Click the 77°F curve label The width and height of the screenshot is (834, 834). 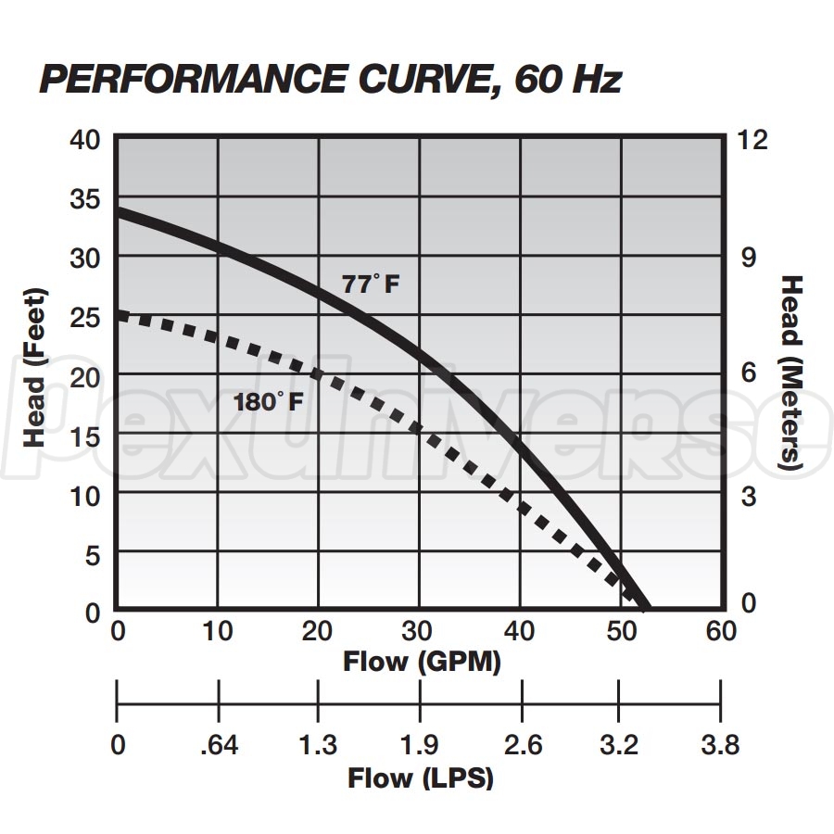pyautogui.click(x=372, y=284)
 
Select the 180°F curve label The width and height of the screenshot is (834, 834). pyautogui.click(x=267, y=402)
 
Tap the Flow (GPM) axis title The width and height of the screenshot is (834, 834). pyautogui.click(x=422, y=662)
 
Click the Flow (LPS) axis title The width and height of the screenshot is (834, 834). pyautogui.click(x=421, y=778)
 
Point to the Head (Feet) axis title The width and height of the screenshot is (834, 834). pyautogui.click(x=35, y=367)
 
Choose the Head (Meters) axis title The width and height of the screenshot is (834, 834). pyautogui.click(x=790, y=372)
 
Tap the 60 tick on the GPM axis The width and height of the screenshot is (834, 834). pyautogui.click(x=721, y=631)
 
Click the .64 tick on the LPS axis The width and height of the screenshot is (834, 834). pyautogui.click(x=219, y=745)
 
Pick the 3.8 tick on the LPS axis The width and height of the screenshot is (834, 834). pyautogui.click(x=721, y=745)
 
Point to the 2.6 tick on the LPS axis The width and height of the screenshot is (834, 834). pyautogui.click(x=522, y=745)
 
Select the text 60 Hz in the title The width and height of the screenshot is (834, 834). pyautogui.click(x=567, y=81)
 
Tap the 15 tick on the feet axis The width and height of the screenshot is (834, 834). pyautogui.click(x=88, y=436)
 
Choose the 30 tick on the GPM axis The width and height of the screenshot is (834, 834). pyautogui.click(x=419, y=631)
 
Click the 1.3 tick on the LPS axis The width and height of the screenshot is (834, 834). pyautogui.click(x=319, y=745)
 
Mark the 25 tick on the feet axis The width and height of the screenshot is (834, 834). pyautogui.click(x=88, y=317)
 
